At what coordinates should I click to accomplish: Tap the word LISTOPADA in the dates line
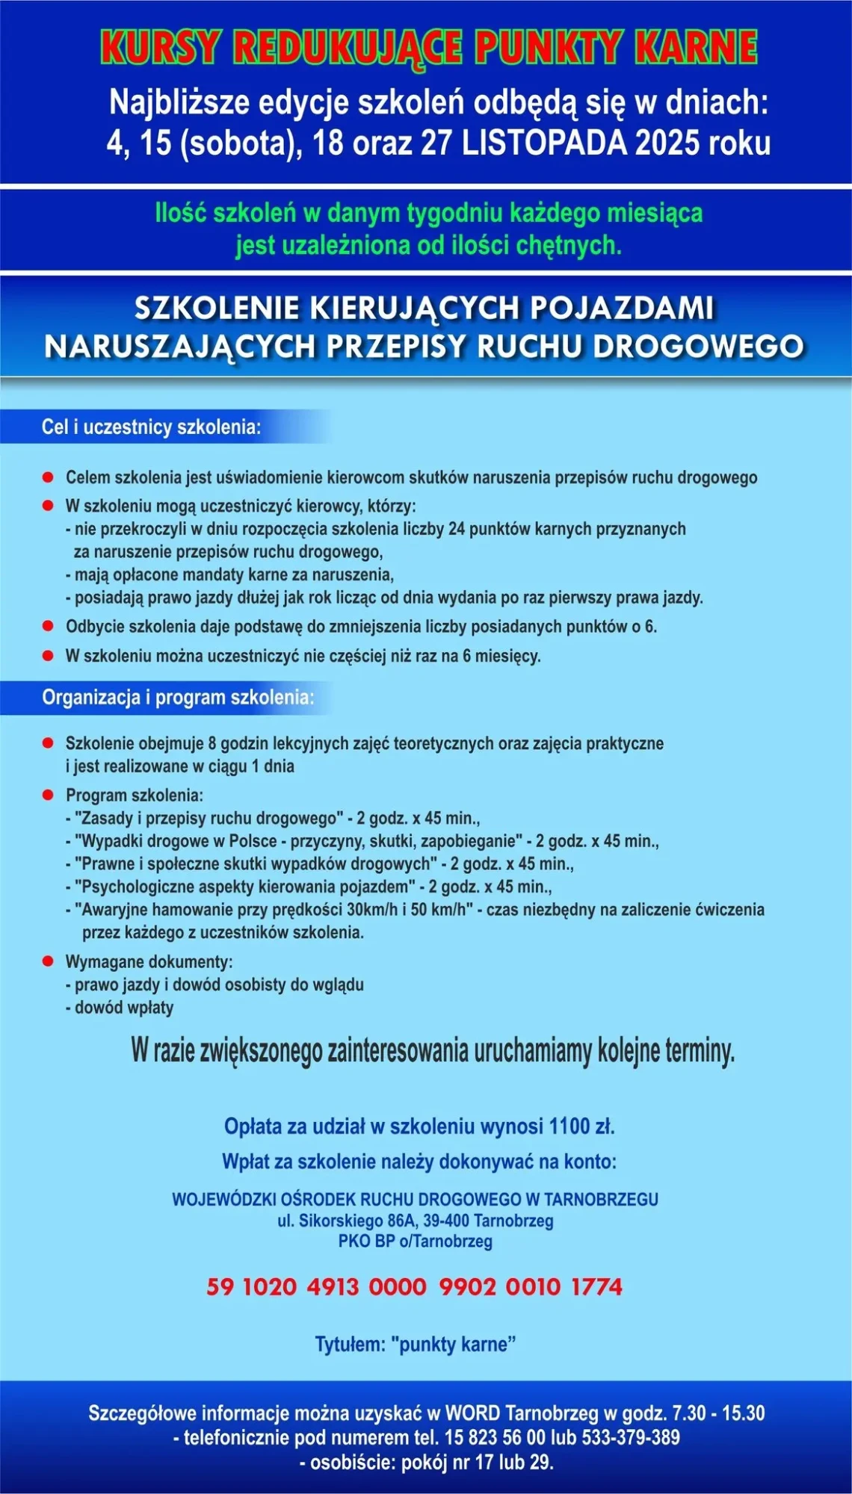coord(544,143)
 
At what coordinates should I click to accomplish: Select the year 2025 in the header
coord(668,143)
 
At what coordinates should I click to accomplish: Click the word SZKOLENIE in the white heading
coord(215,307)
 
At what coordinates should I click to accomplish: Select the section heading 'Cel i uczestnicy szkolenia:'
coord(152,427)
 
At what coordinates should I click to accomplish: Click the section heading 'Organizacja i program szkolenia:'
coord(178,698)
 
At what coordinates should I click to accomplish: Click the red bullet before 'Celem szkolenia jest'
coord(49,477)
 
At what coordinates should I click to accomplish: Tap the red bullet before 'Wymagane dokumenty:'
coord(49,961)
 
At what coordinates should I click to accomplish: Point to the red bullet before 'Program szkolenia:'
coord(49,794)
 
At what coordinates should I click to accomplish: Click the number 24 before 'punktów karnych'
coord(457,529)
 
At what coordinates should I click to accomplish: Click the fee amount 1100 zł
coord(581,1126)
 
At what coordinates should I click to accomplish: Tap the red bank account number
coord(414,1286)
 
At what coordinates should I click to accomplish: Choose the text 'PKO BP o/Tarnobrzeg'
coord(416,1242)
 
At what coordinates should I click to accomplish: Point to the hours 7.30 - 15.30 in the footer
coord(718,1413)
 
